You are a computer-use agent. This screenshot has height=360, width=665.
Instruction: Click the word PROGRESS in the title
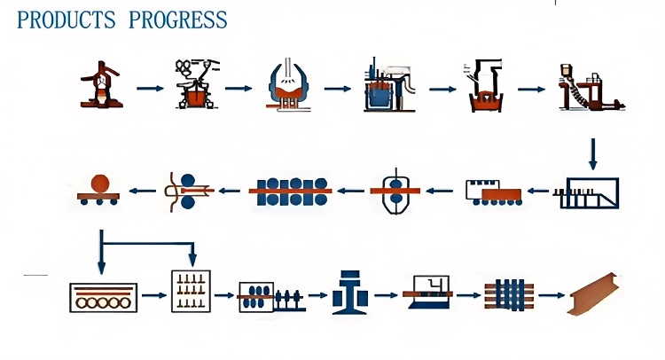[177, 20]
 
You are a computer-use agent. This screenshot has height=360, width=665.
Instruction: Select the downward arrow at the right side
[593, 153]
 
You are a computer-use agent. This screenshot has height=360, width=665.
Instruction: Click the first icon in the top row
[101, 86]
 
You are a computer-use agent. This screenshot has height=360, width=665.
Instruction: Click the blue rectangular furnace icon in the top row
[385, 88]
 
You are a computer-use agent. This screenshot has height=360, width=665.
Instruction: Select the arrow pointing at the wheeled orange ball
[142, 189]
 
